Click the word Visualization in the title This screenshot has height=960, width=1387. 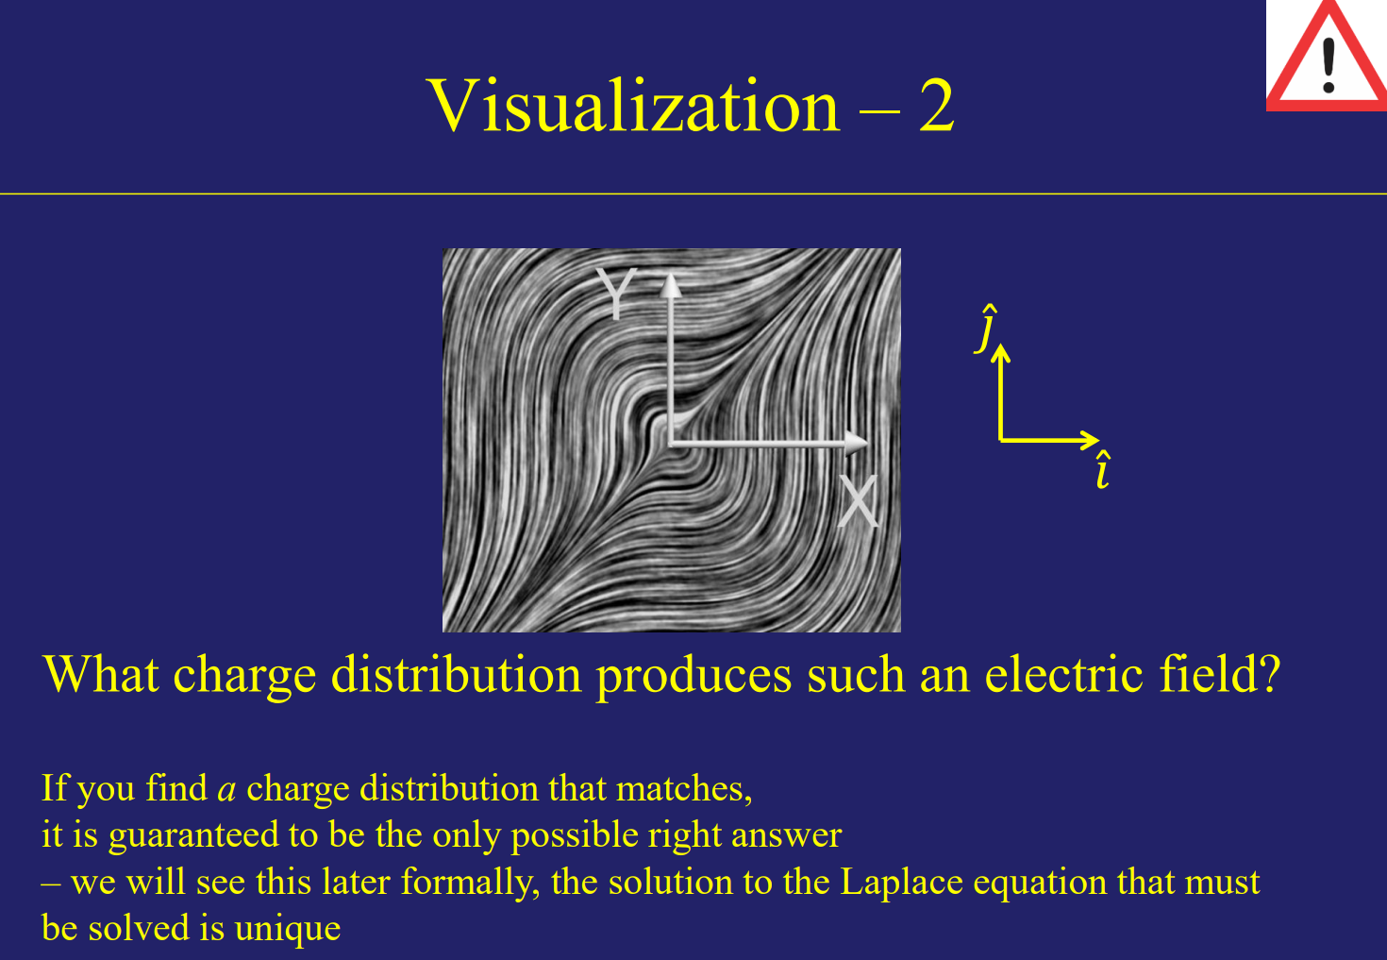(633, 106)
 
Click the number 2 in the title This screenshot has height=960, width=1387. (937, 106)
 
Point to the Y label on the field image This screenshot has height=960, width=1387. (616, 295)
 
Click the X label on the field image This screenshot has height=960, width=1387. (858, 501)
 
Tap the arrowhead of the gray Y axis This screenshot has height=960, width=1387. (671, 284)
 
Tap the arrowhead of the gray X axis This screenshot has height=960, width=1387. (858, 441)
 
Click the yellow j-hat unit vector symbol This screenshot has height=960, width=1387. (987, 328)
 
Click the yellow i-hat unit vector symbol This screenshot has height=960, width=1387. (1102, 470)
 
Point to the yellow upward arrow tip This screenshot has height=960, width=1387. (1001, 351)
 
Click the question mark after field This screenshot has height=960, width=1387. (1269, 676)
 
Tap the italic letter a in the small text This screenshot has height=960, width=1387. (226, 789)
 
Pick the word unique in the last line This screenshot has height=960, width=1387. (287, 929)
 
